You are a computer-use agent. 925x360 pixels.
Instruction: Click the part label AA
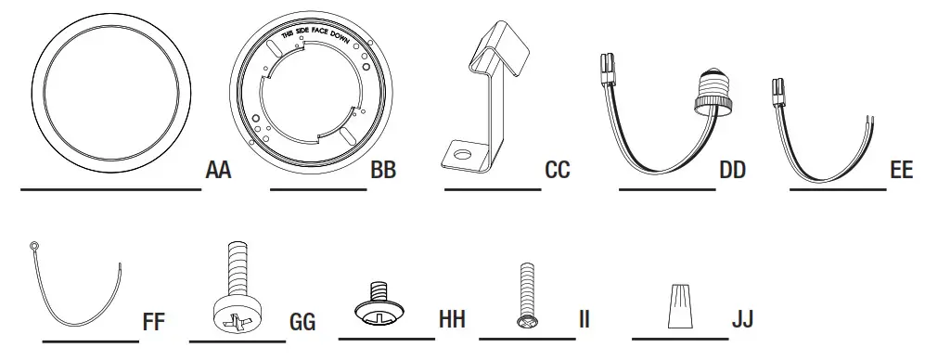click(x=219, y=172)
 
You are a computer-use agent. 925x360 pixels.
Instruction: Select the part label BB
click(x=383, y=172)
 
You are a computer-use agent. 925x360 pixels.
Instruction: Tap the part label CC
click(x=558, y=172)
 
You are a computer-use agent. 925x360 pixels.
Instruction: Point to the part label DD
click(x=732, y=172)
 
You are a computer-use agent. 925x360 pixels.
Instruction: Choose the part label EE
click(x=901, y=172)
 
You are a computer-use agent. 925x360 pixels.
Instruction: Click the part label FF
click(x=153, y=322)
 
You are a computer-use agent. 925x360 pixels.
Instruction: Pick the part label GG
click(x=302, y=322)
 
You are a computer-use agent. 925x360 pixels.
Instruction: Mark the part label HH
click(x=451, y=320)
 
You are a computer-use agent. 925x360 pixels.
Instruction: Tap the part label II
click(x=584, y=320)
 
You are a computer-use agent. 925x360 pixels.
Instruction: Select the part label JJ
click(x=742, y=320)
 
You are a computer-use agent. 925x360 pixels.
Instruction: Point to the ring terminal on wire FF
click(x=33, y=246)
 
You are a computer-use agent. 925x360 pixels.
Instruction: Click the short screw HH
click(x=380, y=307)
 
